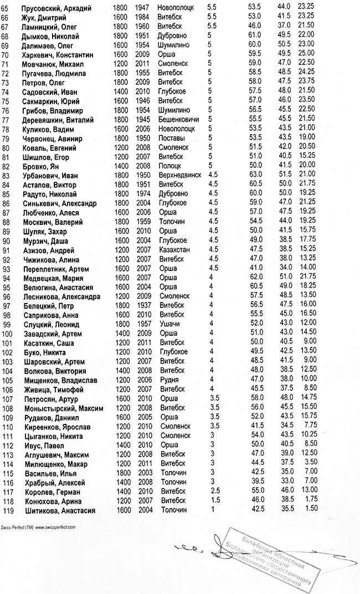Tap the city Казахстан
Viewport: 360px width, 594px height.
(173, 250)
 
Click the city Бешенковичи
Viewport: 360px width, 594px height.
(178, 120)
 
